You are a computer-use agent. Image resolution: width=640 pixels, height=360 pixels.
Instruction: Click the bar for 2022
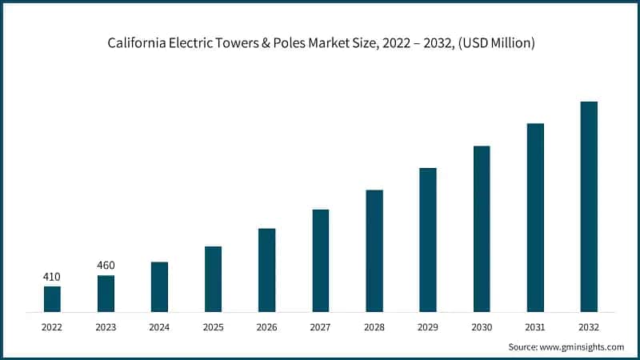point(52,298)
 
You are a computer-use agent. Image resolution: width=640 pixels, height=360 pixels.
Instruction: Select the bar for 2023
point(106,293)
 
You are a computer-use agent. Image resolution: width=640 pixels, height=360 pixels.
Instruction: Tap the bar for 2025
point(213,278)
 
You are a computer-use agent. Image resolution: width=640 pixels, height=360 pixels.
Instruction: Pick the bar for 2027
point(320,260)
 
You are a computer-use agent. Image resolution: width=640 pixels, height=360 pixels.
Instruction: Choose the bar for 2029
point(428,239)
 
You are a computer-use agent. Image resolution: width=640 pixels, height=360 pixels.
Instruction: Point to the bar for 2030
point(482,228)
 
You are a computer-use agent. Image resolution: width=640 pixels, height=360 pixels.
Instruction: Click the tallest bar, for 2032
point(589,206)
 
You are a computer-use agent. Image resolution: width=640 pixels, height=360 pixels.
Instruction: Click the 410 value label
point(52,277)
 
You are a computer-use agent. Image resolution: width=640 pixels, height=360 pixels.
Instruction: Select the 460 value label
point(106,266)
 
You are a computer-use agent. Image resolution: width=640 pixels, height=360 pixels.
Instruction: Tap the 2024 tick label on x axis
point(159,327)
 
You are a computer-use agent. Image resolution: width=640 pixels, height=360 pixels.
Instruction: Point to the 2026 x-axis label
point(266,327)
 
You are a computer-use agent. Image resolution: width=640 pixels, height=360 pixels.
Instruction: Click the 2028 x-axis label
point(374,327)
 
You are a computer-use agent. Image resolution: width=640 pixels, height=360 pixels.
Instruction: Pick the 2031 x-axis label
point(535,327)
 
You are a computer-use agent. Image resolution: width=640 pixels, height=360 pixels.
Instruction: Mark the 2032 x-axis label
point(589,327)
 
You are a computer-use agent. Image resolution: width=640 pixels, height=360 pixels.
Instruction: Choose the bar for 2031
point(535,217)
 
